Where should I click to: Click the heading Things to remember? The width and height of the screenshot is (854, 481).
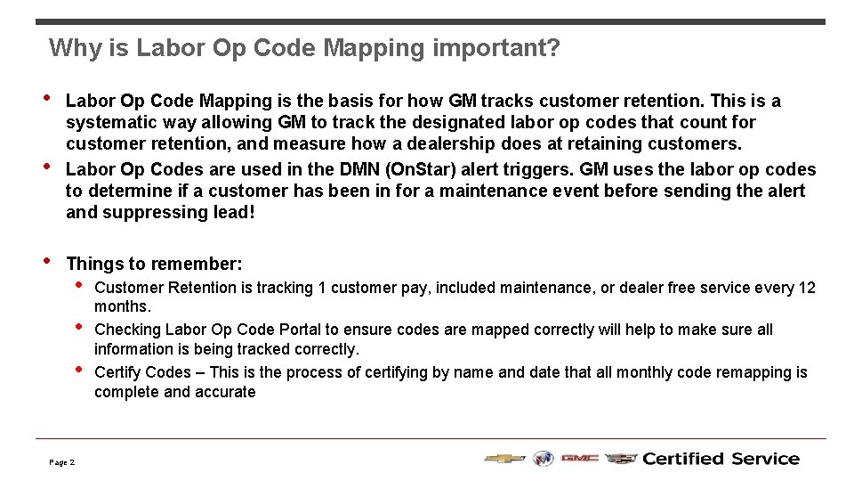154,264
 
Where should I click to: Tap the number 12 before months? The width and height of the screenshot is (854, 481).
806,288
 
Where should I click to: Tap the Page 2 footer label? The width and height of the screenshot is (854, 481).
62,462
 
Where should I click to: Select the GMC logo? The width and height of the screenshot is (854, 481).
578,459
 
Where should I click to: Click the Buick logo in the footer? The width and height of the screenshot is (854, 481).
543,459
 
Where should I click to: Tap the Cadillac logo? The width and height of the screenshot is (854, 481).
621,459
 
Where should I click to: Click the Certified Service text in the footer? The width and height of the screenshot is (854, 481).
721,459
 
